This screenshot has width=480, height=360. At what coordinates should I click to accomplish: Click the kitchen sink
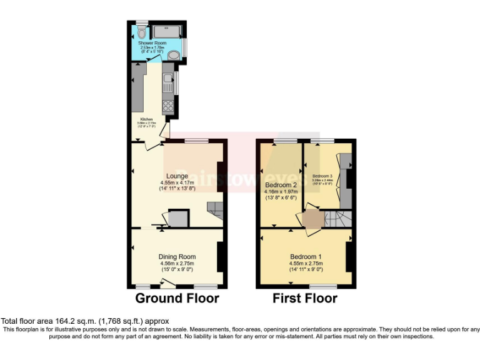[x=167, y=79]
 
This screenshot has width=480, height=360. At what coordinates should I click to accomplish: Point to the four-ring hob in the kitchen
[x=167, y=106]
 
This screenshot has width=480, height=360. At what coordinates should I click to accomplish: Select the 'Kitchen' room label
[x=146, y=119]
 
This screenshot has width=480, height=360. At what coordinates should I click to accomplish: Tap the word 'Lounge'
[x=177, y=176]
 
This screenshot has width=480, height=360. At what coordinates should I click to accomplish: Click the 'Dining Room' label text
[x=177, y=256]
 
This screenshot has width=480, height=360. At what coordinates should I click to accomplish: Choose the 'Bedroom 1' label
[x=306, y=256]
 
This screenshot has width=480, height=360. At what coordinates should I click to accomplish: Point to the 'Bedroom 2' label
[x=281, y=186]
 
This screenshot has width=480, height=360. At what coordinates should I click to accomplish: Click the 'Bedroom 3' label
[x=322, y=176]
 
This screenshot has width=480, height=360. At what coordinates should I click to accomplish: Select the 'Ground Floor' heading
[x=177, y=298]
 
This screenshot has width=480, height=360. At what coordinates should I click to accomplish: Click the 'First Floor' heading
[x=305, y=298]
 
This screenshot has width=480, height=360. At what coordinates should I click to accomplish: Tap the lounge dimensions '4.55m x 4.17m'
[x=177, y=182]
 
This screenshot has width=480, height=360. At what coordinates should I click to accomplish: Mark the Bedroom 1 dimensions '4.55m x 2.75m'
[x=306, y=263]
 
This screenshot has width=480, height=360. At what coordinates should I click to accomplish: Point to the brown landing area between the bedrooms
[x=311, y=220]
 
